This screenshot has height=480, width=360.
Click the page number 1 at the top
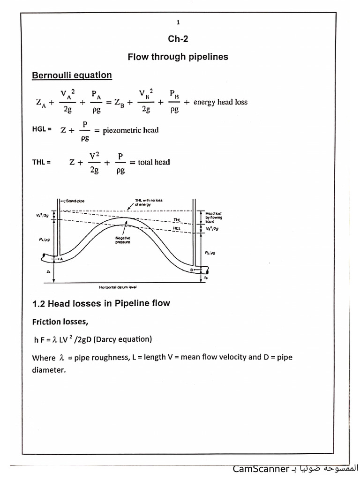tap(178, 22)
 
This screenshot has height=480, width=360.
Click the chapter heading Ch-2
tap(178, 39)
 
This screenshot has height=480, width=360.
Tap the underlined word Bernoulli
tap(51, 75)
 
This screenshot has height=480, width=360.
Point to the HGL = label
tap(41, 129)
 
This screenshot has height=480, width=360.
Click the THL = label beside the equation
tap(41, 162)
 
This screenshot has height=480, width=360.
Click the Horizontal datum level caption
tap(117, 286)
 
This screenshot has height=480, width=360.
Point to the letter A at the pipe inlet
tap(61, 258)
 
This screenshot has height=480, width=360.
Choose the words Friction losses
tap(60, 322)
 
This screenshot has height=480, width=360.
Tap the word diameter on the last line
tap(48, 370)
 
